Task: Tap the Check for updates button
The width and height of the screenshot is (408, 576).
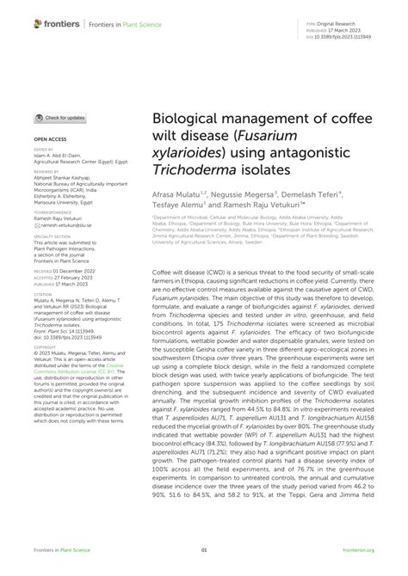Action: coord(60,117)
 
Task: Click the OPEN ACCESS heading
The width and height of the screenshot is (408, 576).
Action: coord(53,138)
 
